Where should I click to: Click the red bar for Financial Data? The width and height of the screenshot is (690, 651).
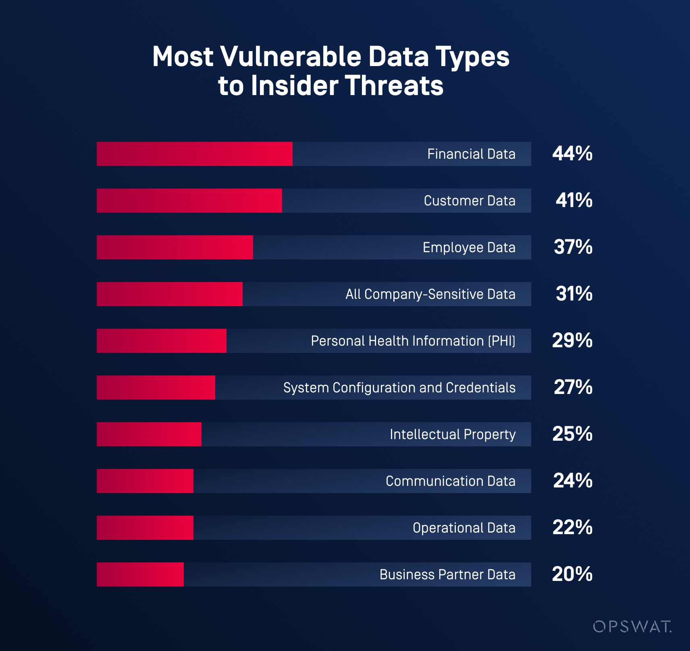[194, 154]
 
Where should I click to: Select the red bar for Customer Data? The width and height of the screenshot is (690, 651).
[189, 201]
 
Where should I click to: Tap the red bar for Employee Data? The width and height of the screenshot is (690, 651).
[175, 247]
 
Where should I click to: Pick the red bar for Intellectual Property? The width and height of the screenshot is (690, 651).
[149, 434]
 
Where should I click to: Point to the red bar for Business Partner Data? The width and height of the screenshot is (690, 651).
[140, 574]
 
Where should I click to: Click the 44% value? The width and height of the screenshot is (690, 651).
[572, 153]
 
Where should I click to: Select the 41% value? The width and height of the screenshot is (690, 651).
[574, 200]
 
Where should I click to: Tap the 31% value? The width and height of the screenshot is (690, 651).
[574, 294]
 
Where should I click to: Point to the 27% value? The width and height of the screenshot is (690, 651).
[573, 387]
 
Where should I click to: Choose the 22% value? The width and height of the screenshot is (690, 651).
[572, 527]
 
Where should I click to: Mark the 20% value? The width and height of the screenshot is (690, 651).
[572, 574]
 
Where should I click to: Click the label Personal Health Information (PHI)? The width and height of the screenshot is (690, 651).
[413, 341]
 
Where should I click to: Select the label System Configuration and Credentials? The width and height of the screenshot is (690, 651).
[399, 388]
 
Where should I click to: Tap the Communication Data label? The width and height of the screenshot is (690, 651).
[450, 481]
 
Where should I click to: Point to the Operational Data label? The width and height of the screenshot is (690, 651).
[464, 528]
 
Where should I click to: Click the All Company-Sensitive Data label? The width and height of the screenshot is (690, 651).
[430, 294]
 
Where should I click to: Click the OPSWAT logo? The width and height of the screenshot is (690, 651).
[632, 626]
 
